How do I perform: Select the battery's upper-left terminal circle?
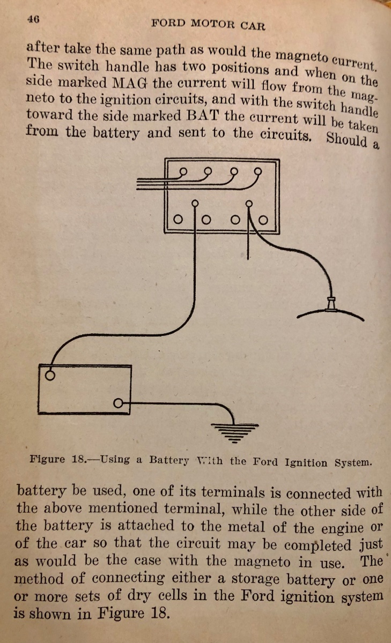pyautogui.click(x=50, y=375)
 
